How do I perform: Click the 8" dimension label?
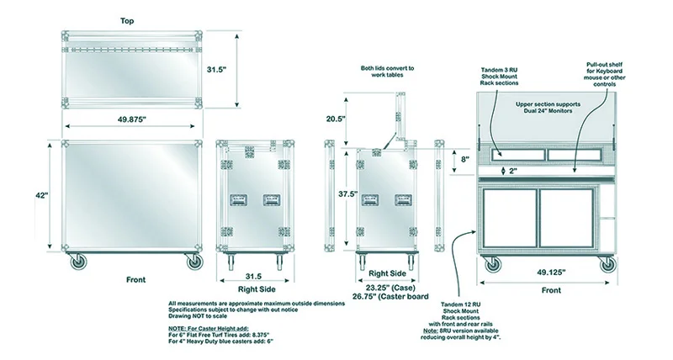pos(464,158)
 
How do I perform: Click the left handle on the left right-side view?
pos(239,200)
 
